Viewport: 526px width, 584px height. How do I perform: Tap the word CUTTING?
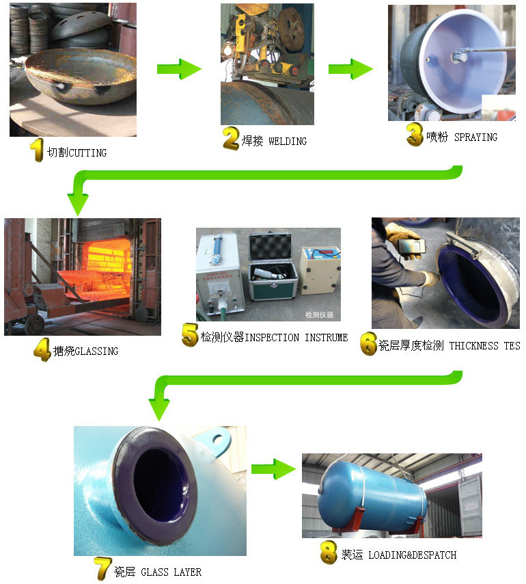(x=87, y=152)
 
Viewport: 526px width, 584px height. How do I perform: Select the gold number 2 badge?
(x=231, y=140)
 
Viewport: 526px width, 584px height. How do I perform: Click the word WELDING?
(x=288, y=142)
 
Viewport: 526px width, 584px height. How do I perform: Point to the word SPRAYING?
(x=475, y=137)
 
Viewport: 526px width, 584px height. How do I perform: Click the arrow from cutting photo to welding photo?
(x=179, y=69)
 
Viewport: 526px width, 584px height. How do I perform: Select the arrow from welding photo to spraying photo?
(x=350, y=69)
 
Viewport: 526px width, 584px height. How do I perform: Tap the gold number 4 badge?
(x=42, y=351)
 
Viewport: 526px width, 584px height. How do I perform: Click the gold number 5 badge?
(x=189, y=336)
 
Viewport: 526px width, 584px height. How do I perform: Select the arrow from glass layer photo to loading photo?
(x=272, y=469)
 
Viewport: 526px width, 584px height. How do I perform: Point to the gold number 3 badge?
(x=415, y=135)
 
